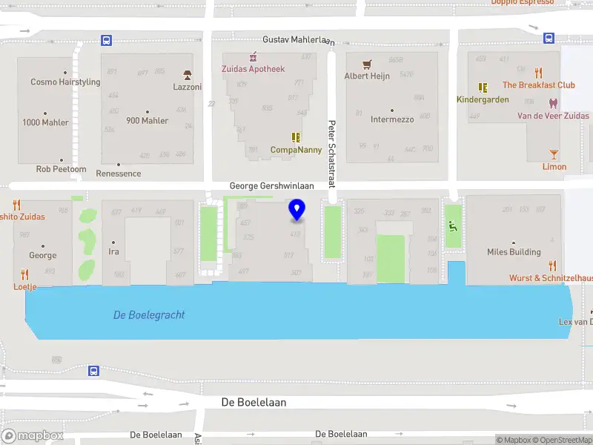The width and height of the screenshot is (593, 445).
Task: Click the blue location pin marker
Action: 297,210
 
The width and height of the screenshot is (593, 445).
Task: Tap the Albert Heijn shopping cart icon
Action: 366,65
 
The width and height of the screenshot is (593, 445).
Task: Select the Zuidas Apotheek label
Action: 253,69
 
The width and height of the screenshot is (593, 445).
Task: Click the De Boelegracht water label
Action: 149,315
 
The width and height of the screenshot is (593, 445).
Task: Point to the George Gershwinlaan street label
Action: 272,187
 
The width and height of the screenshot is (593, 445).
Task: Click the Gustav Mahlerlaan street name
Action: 295,39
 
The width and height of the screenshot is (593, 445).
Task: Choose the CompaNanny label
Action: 296,149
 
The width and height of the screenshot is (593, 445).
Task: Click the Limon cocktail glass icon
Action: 554,154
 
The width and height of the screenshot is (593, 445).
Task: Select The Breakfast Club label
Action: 539,85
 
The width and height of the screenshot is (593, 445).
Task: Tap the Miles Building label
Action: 514,252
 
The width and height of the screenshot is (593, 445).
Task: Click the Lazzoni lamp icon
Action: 188,75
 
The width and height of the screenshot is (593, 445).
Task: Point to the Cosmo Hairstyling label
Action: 65,82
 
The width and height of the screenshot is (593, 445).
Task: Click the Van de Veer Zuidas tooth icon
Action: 552,103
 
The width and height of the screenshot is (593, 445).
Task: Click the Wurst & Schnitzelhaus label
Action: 550,278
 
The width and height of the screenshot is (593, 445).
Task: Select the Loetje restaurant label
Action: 24,286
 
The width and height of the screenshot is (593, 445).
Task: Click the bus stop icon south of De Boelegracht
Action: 93,371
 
